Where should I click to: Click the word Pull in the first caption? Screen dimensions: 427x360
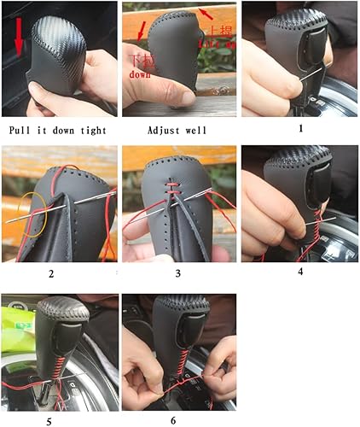coord(22,131)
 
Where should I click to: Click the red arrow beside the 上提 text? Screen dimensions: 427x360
coord(205,12)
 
